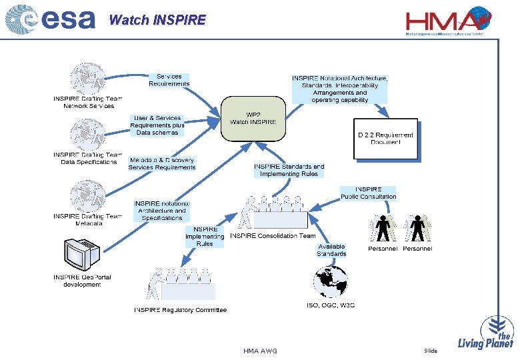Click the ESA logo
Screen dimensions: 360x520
[x=50, y=20]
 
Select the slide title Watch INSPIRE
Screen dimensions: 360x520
[x=157, y=20]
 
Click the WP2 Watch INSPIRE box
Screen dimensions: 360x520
[x=253, y=118]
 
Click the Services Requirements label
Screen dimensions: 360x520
[x=169, y=80]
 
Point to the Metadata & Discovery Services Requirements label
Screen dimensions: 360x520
[x=162, y=164]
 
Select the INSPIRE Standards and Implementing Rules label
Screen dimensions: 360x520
[x=289, y=170]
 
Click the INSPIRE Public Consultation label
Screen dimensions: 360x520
[x=368, y=193]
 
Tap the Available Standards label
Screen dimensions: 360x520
[x=331, y=250]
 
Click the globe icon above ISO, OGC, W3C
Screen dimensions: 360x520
[x=331, y=281]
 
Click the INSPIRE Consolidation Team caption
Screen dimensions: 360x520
[x=273, y=236]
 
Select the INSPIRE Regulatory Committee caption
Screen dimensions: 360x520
[x=180, y=310]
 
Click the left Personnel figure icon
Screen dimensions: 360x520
[x=383, y=229]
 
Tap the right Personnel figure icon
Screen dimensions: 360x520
[x=417, y=229]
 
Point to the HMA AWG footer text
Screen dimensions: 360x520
[x=260, y=351]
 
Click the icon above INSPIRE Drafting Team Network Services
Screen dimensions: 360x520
[x=88, y=79]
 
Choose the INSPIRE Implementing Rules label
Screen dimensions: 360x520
[x=205, y=237]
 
